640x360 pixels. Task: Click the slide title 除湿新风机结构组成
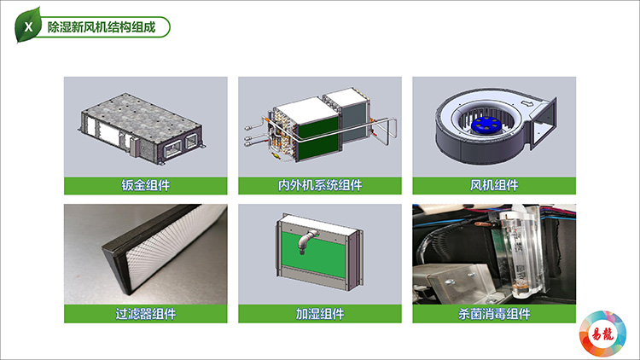102,27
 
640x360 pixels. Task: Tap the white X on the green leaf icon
28,27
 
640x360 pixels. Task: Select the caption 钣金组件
146,185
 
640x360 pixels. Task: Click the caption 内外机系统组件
320,185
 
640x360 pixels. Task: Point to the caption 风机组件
494,185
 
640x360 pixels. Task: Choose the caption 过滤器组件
146,314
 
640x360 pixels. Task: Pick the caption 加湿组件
320,314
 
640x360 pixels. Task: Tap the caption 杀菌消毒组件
494,314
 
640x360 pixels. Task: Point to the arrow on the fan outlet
528,104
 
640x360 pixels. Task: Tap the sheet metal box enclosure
141,128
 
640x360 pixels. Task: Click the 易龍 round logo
602,334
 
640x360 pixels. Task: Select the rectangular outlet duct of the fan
544,122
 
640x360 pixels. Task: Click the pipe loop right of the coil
386,131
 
